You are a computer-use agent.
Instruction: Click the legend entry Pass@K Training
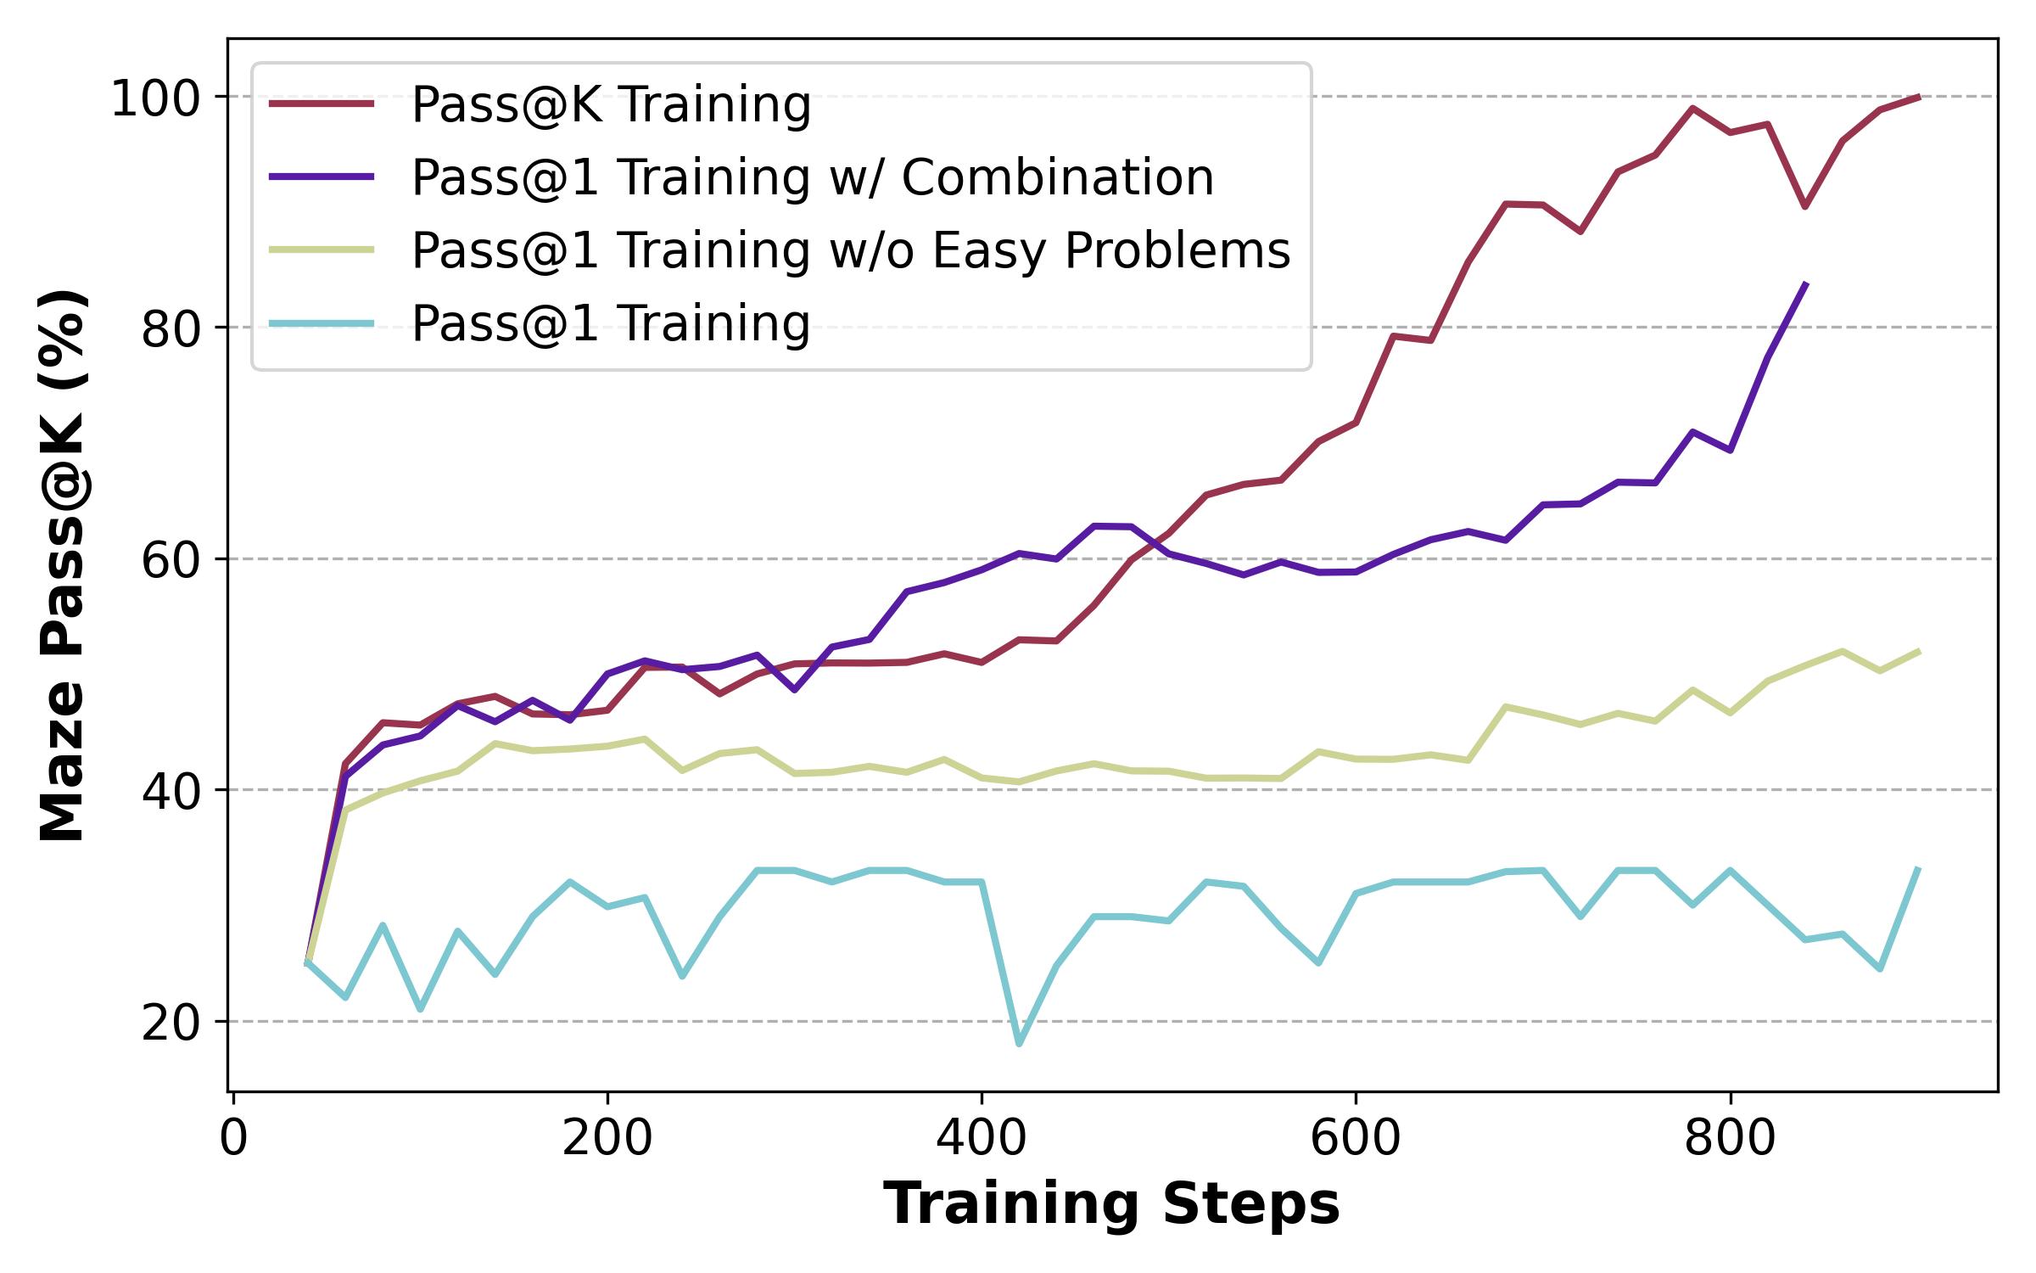pos(611,105)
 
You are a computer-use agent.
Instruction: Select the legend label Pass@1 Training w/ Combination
pos(813,178)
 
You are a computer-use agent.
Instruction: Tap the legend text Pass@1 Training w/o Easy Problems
pos(851,251)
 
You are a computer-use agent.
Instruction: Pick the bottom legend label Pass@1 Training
pos(611,324)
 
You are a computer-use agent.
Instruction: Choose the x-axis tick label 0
pos(233,1140)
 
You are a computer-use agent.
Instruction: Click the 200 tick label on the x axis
pos(607,1140)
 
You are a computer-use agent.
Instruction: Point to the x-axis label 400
pos(982,1140)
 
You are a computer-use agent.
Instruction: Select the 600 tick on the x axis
pos(1356,1140)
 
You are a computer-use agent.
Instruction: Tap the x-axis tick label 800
pos(1730,1140)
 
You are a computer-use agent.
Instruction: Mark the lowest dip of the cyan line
pos(1019,1044)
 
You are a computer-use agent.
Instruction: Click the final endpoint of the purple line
pos(1806,283)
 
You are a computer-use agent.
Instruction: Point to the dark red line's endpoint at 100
pos(1919,97)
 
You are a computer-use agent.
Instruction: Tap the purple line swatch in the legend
pos(322,177)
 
